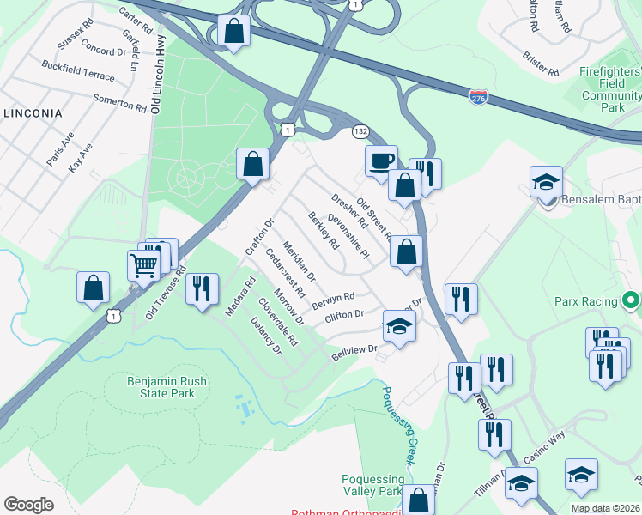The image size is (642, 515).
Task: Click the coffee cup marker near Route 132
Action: (x=380, y=160)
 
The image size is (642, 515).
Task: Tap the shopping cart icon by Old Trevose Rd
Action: (x=143, y=264)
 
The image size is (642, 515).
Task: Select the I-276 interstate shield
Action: (x=480, y=96)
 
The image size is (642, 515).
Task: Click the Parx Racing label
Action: (x=586, y=301)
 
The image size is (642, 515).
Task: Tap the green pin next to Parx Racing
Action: (x=631, y=300)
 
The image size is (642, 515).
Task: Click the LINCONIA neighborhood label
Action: (x=33, y=113)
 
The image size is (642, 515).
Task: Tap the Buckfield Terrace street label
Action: (x=77, y=71)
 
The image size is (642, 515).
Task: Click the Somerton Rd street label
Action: (x=120, y=104)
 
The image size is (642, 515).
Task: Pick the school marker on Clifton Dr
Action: (x=399, y=325)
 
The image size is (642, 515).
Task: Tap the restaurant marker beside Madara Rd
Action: (x=202, y=288)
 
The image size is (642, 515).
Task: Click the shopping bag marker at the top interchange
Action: (x=233, y=32)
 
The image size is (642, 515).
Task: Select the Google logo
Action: (x=28, y=505)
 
